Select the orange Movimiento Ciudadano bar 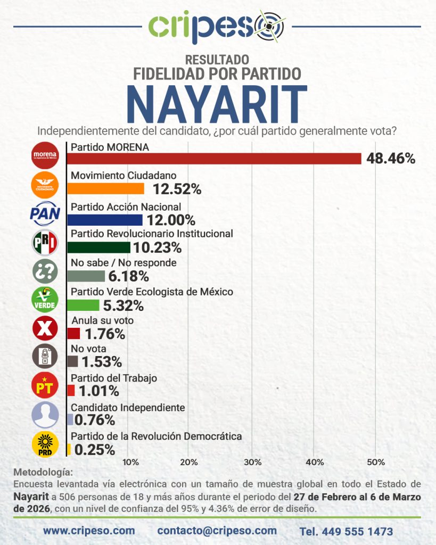coord(106,188)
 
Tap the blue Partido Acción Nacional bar coord(105,220)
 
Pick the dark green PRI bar coord(99,247)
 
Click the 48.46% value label coord(390,158)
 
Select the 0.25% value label coord(95,450)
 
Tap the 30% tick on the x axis coord(252,462)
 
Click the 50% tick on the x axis coord(375,462)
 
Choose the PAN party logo coord(45,214)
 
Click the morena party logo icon coord(45,155)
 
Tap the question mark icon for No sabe coord(45,271)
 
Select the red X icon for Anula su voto coord(45,328)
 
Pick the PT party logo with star coord(45,386)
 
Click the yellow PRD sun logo coord(45,444)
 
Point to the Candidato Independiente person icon coord(45,415)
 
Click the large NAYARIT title coord(217,104)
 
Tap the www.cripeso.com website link coord(89,531)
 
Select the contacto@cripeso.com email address coord(217,531)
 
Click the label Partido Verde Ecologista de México coord(152,292)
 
